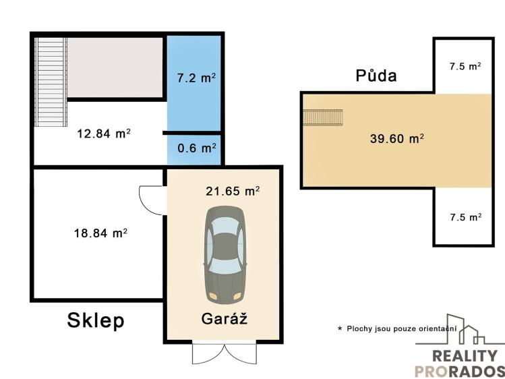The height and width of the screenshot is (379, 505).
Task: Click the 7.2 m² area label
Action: coord(196,78)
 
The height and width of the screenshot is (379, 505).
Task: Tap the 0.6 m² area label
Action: coord(196,148)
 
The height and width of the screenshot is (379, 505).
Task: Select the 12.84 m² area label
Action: coord(104,134)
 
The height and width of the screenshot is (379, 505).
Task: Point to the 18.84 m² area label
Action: coord(100,233)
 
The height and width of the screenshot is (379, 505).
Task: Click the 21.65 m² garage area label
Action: coord(233,191)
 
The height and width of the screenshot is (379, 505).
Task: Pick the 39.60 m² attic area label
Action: coord(396,139)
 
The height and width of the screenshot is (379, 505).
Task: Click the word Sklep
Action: coord(96,320)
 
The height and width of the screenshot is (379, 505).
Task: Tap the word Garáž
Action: coord(224,319)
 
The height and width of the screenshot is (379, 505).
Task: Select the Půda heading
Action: coord(376,76)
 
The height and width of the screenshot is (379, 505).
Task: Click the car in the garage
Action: coord(225,256)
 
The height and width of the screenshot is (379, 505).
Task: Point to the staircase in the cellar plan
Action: coord(51,82)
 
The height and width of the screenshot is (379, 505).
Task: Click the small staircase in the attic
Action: coord(323,117)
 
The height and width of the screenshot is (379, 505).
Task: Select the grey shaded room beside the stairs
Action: coord(115,67)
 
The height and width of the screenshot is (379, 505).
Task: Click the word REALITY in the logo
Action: coord(465,356)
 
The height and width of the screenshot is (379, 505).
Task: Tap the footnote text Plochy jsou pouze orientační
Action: coord(402,329)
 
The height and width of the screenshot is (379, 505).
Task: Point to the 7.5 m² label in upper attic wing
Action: coord(465,66)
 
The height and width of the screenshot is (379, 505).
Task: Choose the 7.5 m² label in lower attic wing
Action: coord(466,217)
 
